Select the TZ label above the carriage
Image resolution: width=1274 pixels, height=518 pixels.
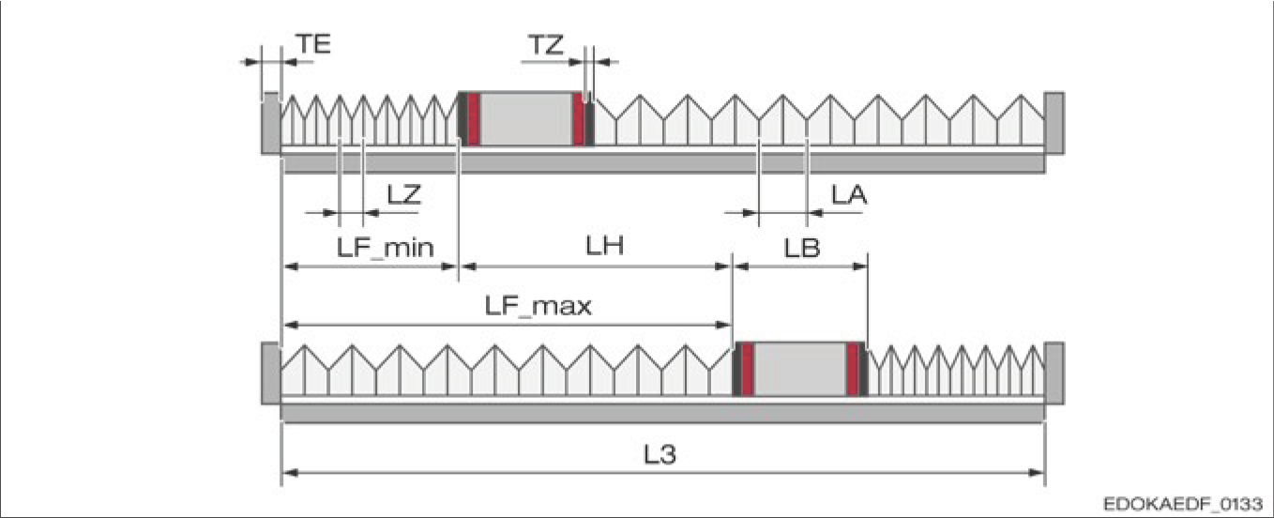coord(546,43)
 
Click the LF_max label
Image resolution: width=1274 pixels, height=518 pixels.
coord(538,306)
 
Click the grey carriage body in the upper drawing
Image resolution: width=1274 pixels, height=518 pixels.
coord(526,119)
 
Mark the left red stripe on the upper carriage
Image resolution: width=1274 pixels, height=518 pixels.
coord(474,119)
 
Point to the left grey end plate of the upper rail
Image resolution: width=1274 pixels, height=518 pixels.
coord(270,122)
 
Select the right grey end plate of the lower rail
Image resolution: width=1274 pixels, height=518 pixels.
coord(1054,373)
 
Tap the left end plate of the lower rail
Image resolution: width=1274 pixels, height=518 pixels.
coord(270,373)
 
